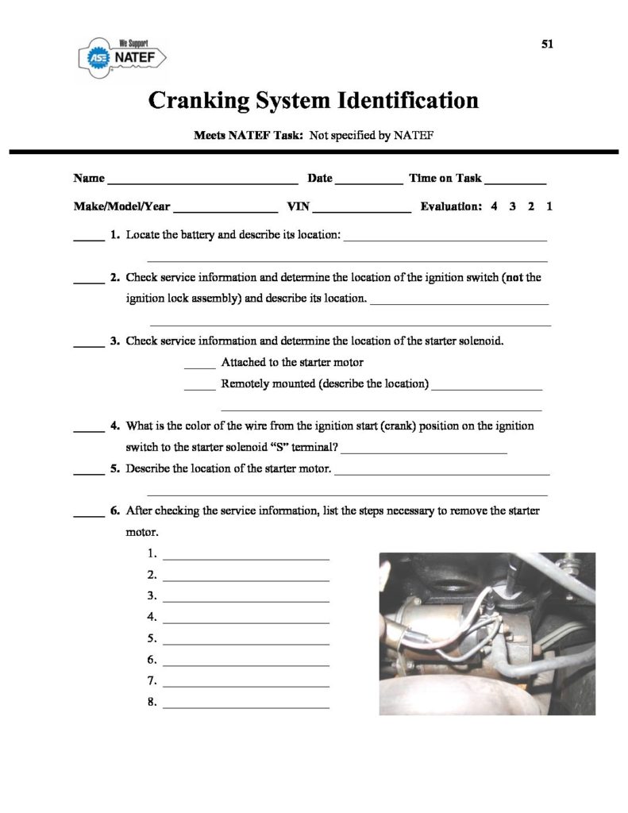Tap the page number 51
(x=547, y=44)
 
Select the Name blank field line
(x=202, y=183)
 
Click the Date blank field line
(x=369, y=183)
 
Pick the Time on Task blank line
(x=515, y=183)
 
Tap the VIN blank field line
(x=363, y=212)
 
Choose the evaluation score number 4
(x=494, y=206)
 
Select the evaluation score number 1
(x=549, y=206)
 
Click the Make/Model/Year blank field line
(x=225, y=212)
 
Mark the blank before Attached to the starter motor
(x=199, y=368)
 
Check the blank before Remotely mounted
(x=199, y=389)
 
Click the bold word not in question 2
(x=515, y=278)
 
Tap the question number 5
(x=115, y=468)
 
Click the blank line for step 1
(x=245, y=559)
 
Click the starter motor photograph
(x=487, y=633)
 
